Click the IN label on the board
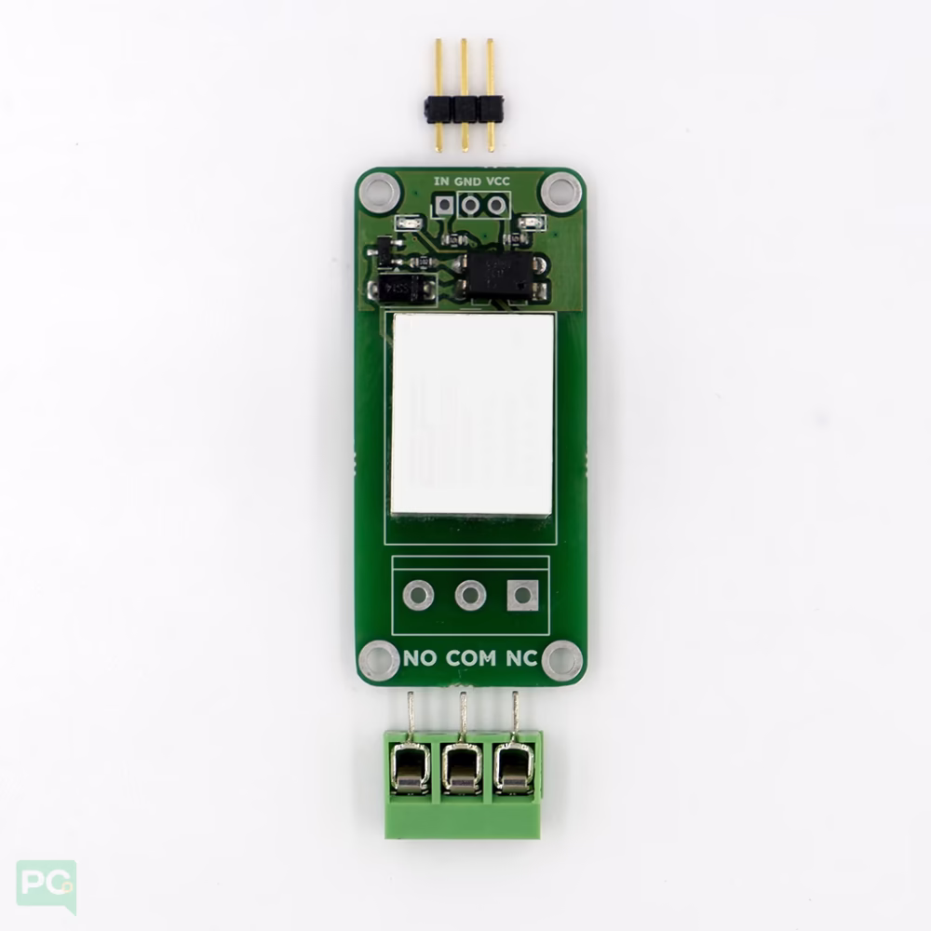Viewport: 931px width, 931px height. click(x=441, y=182)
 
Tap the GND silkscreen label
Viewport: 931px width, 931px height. click(x=468, y=182)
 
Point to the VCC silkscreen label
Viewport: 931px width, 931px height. click(x=497, y=182)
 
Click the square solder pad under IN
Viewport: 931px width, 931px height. click(x=443, y=206)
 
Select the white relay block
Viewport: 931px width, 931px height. click(x=473, y=414)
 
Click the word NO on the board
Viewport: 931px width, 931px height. click(x=421, y=658)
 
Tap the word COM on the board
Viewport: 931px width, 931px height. click(x=471, y=658)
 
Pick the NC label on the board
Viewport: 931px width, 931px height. click(x=522, y=658)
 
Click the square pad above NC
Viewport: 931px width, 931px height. click(x=522, y=595)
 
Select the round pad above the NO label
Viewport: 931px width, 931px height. click(x=419, y=595)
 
